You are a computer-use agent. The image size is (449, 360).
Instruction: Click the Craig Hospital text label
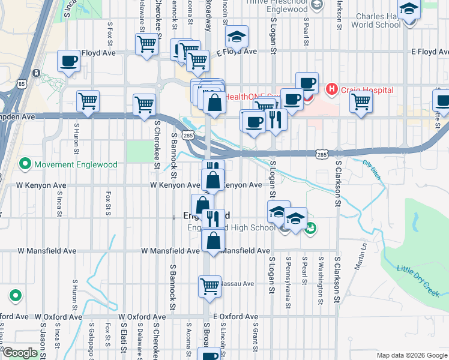click(367, 90)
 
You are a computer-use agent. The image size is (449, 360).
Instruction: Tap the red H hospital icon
click(331, 90)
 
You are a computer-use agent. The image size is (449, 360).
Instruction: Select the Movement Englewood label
click(67, 163)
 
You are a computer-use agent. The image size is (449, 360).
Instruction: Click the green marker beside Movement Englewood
click(25, 163)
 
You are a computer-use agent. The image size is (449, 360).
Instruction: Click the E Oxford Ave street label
click(236, 316)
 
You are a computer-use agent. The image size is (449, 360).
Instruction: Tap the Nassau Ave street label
click(238, 283)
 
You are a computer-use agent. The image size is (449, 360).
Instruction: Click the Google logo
click(20, 353)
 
